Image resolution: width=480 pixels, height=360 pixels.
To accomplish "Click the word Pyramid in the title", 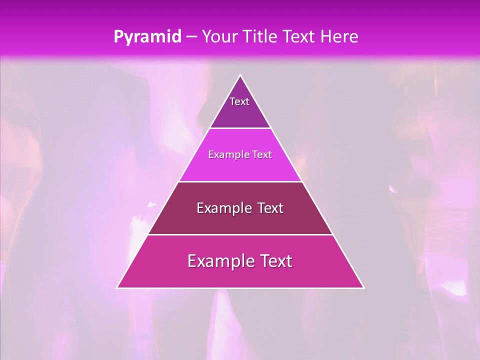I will (x=147, y=37).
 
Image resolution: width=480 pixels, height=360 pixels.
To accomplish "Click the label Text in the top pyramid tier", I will (x=239, y=101).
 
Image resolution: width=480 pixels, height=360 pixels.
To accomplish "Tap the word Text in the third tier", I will (x=270, y=208).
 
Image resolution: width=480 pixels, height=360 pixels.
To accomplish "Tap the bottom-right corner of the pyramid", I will (x=363, y=287).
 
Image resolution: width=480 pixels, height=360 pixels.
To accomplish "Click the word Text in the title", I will (x=300, y=37).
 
